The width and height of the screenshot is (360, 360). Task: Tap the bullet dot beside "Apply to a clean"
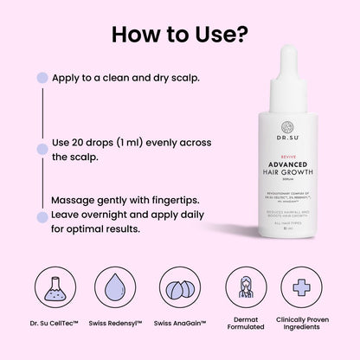(x=41, y=78)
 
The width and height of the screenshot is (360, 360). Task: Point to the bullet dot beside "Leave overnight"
(x=41, y=215)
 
